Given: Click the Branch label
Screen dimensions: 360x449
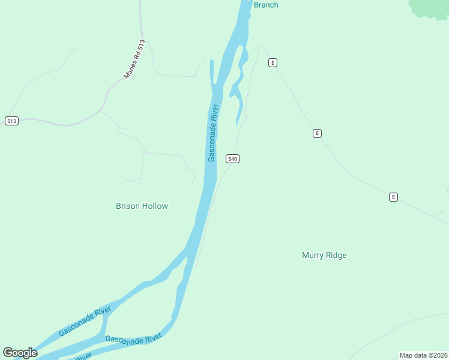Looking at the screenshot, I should (x=266, y=5).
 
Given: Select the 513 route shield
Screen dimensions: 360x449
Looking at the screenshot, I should (x=11, y=121).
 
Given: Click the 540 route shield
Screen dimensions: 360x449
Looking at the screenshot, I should (x=233, y=158).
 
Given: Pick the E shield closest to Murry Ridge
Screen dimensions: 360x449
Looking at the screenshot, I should (x=393, y=196).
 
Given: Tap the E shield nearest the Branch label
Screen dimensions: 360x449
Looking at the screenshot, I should (x=273, y=62).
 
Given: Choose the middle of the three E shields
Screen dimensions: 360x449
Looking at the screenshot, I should (x=317, y=133).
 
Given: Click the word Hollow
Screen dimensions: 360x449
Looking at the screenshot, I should (x=156, y=206).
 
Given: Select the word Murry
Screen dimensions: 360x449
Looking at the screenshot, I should (x=312, y=255).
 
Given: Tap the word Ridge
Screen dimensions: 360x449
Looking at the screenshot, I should (x=336, y=255).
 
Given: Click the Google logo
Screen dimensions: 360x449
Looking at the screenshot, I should (x=20, y=353).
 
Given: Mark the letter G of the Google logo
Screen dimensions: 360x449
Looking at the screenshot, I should (x=7, y=353).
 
